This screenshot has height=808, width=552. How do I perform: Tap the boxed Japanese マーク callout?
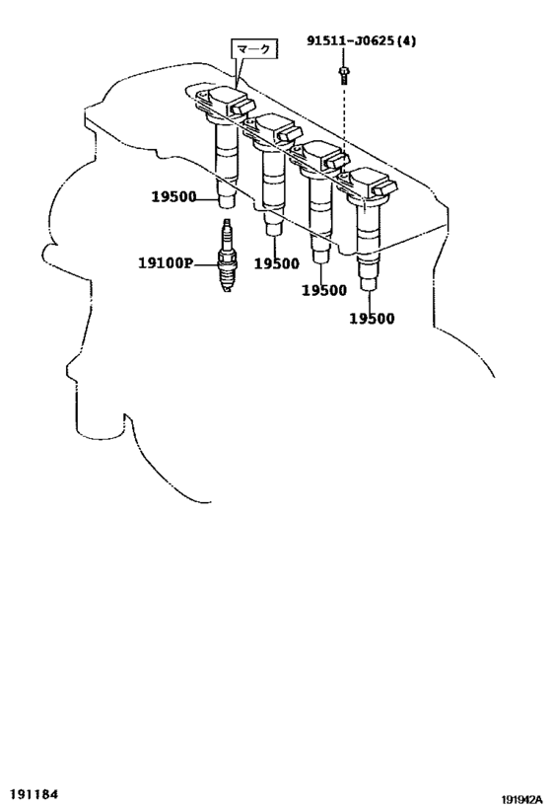click(252, 49)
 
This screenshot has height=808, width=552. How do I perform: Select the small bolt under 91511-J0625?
click(344, 75)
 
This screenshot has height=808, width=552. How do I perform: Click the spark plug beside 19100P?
click(226, 256)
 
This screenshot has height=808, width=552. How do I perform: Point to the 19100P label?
click(165, 263)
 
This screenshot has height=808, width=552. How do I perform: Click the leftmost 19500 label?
click(173, 196)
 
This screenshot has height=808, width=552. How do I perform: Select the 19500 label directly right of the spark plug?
click(277, 263)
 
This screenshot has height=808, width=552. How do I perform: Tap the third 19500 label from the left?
click(324, 291)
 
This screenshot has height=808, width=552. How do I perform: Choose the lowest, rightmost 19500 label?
click(372, 319)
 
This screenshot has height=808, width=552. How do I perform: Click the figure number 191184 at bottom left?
click(35, 794)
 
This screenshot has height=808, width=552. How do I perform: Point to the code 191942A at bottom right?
click(521, 800)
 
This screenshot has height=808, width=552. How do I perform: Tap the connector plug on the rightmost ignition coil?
click(385, 188)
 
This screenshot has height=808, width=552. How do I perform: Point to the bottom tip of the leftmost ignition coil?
click(226, 207)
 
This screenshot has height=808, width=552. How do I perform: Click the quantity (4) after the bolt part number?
click(407, 40)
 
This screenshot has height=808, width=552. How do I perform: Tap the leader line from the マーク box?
click(237, 73)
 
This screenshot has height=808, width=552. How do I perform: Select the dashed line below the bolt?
click(344, 119)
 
